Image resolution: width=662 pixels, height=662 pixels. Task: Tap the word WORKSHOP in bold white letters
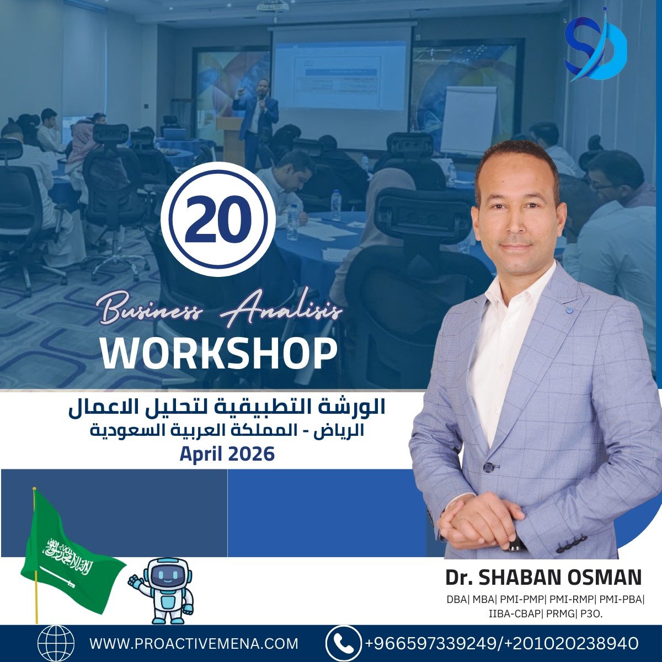point(218,354)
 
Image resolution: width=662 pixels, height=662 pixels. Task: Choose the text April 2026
point(227,454)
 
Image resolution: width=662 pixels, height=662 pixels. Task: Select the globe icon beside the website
point(56,643)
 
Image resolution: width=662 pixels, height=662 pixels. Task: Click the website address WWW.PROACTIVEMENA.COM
point(194,643)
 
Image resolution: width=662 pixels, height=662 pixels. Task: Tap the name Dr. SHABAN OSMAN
point(543,577)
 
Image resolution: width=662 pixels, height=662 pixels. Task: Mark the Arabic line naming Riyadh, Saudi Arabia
point(227,432)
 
